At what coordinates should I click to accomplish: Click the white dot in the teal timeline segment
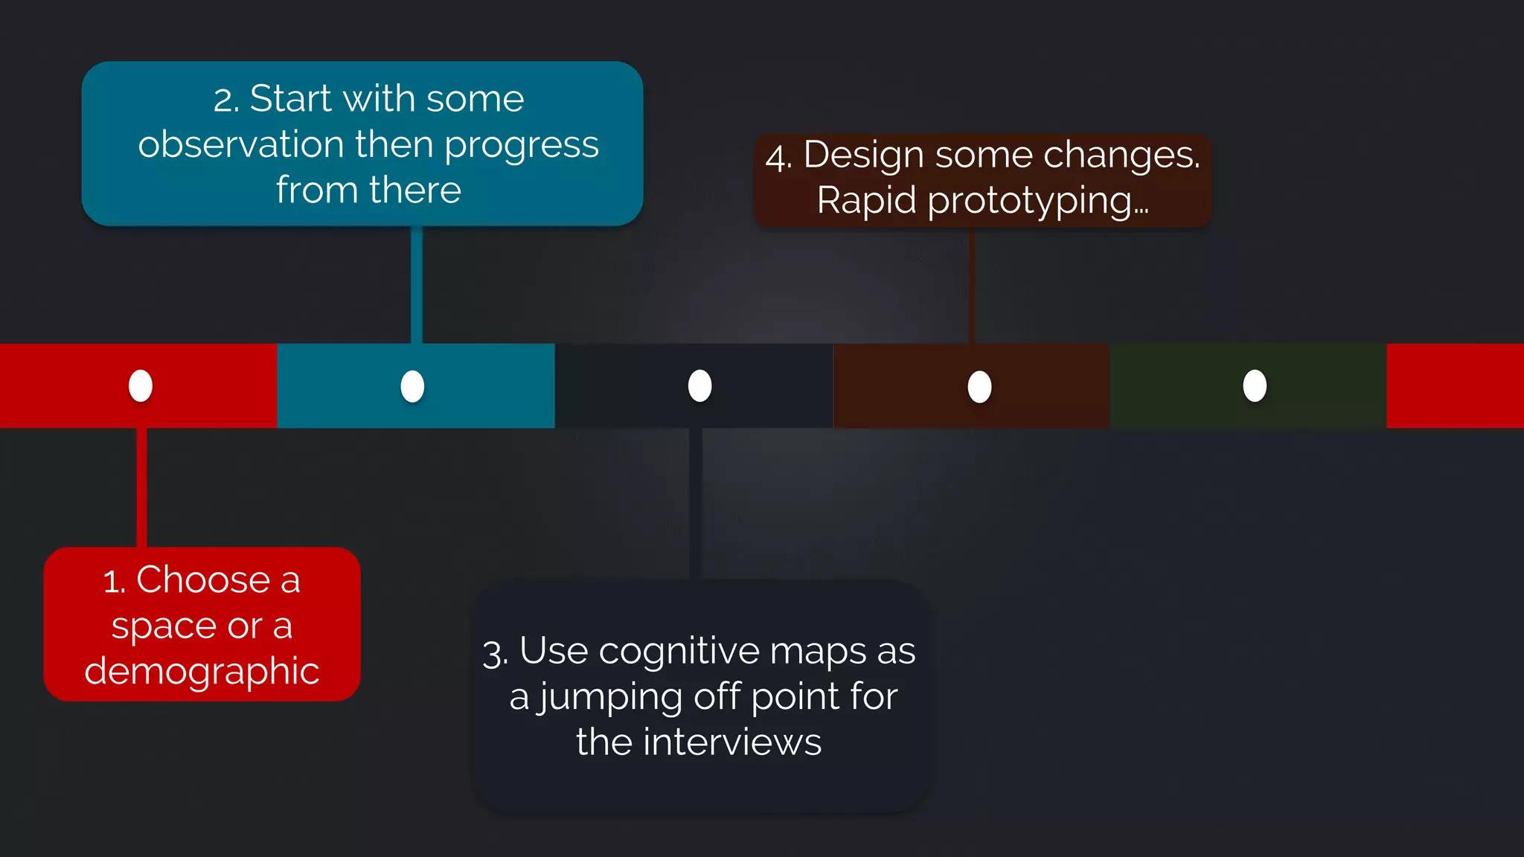point(412,386)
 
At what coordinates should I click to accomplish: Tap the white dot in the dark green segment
point(1255,385)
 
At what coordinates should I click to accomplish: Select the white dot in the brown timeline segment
point(979,387)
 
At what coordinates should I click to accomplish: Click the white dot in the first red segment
point(141,385)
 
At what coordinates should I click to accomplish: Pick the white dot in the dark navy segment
point(699,385)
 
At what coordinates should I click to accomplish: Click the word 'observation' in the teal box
point(240,144)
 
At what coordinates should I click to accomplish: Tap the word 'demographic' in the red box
point(202,671)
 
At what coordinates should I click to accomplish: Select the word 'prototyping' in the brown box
point(1029,201)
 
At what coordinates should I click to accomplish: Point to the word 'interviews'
point(732,742)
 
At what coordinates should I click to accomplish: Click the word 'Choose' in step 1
point(202,580)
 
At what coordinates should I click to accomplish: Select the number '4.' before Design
point(779,157)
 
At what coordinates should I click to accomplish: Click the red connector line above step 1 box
point(141,487)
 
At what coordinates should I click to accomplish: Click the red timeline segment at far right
point(1454,385)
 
